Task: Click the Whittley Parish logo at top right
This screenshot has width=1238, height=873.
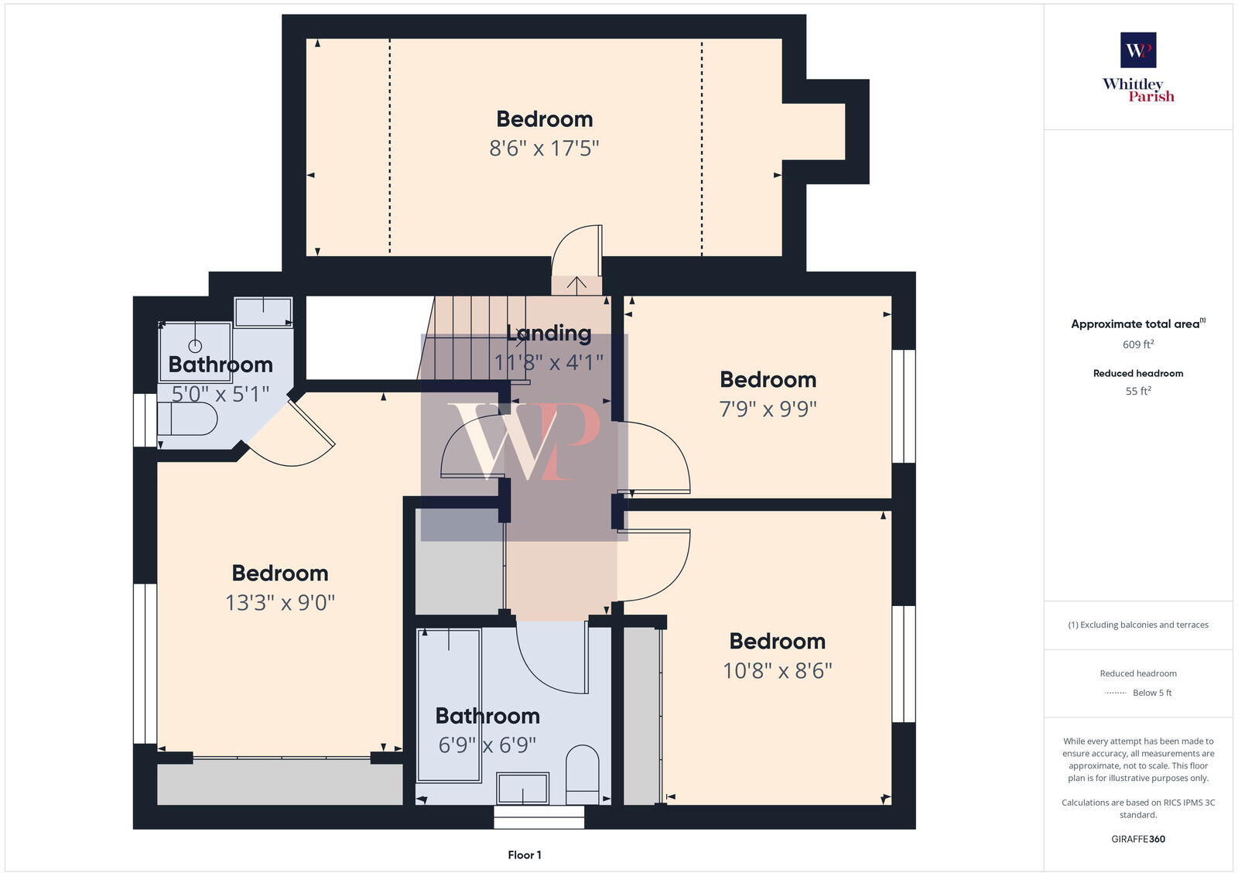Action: (x=1138, y=67)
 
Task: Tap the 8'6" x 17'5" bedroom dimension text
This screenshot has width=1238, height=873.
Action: (x=544, y=148)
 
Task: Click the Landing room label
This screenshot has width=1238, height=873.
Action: (x=549, y=334)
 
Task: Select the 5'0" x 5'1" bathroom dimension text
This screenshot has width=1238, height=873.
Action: (x=220, y=394)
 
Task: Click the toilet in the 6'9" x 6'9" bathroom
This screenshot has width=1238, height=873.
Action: (x=583, y=774)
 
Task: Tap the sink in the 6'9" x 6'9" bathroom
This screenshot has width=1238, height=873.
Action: (x=523, y=788)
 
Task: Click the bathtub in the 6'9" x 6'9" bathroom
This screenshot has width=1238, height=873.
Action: (x=449, y=704)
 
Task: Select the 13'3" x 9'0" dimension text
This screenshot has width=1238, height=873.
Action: (x=280, y=602)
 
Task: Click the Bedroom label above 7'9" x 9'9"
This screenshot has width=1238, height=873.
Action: (x=768, y=379)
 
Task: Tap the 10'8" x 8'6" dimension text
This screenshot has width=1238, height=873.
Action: (x=777, y=670)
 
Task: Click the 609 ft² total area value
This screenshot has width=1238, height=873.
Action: (x=1138, y=344)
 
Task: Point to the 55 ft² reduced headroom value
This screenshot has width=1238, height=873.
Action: (x=1138, y=391)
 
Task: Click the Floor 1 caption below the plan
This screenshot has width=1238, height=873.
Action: (x=525, y=854)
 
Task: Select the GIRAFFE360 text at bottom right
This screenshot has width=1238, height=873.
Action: (x=1138, y=839)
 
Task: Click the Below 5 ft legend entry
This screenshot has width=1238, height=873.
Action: (x=1151, y=693)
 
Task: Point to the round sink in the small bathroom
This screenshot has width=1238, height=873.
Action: (x=196, y=346)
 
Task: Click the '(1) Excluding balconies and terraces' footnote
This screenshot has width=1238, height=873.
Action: (x=1138, y=625)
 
